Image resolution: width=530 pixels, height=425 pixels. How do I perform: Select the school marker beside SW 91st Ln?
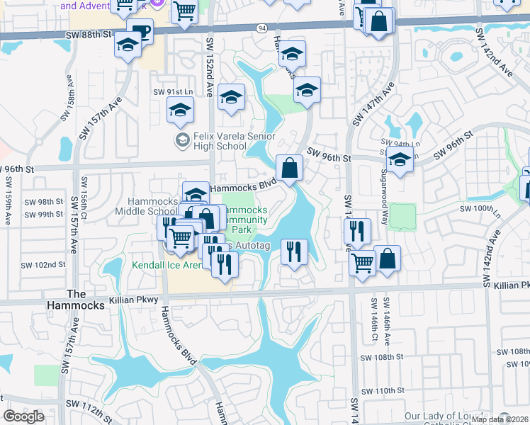click(x=181, y=109)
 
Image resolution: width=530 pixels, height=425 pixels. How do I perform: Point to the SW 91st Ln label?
click(x=173, y=92)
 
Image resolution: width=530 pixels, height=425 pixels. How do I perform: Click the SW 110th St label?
click(x=382, y=390)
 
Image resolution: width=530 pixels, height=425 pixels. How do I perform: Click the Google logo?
click(x=23, y=416)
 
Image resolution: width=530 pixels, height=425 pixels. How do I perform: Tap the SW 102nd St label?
click(x=43, y=264)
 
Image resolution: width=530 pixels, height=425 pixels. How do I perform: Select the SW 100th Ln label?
click(x=480, y=210)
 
